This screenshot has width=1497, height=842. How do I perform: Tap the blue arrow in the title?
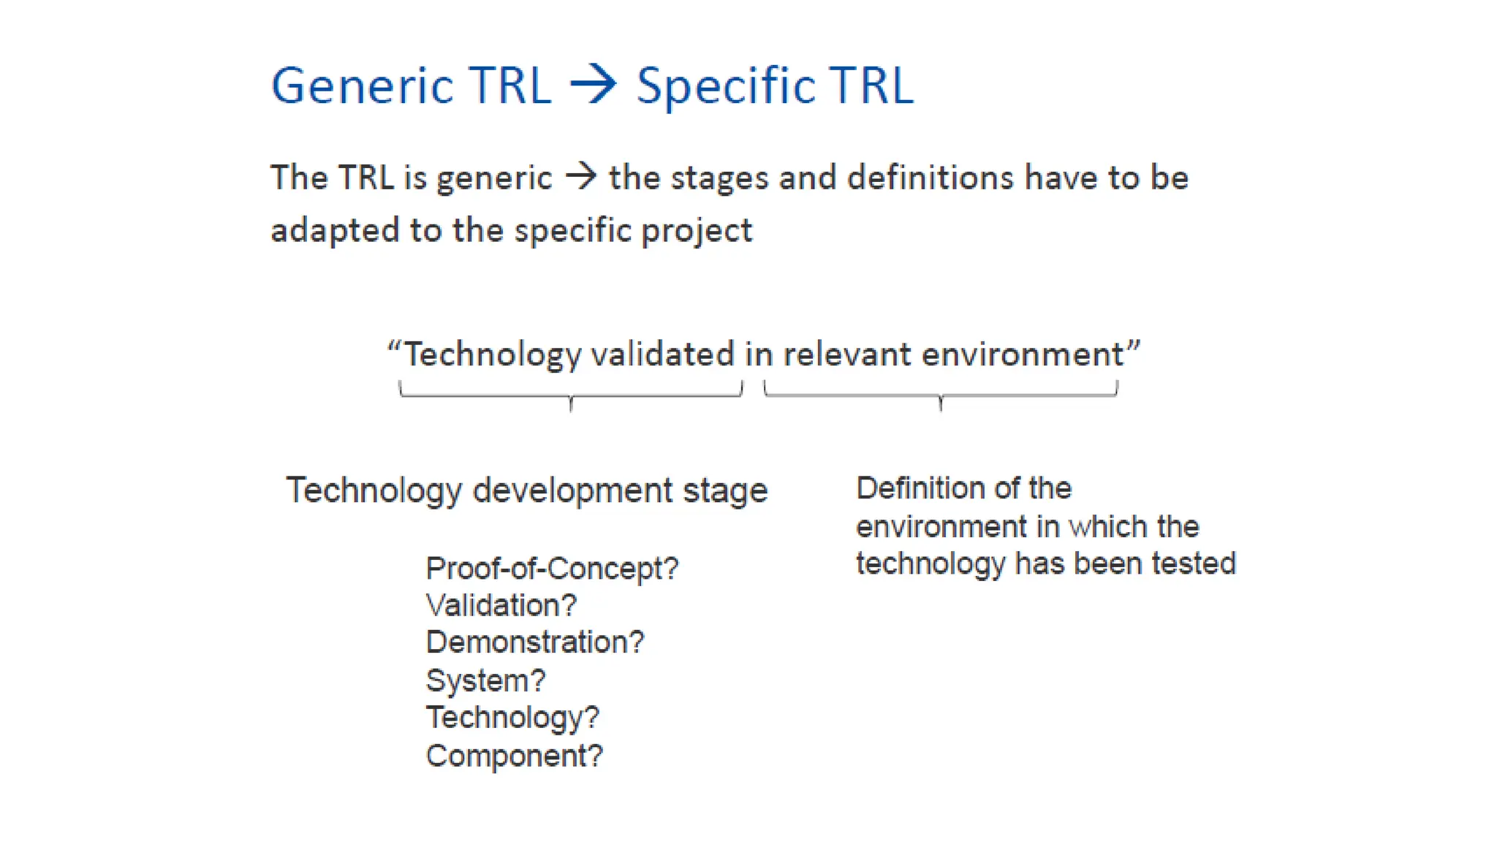pos(594,85)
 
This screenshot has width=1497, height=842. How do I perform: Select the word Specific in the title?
pos(725,86)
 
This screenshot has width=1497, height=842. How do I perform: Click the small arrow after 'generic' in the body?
pos(581,176)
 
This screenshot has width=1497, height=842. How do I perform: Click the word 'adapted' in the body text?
pos(333,230)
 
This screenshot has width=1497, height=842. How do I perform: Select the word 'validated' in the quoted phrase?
pos(662,354)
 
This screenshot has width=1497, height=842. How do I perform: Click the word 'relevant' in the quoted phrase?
pos(846,354)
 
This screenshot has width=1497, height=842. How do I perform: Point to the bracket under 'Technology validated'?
pos(571,395)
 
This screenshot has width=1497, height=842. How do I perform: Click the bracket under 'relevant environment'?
pos(941,395)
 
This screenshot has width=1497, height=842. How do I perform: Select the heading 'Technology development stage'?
pos(526,490)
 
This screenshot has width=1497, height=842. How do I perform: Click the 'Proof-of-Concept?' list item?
pos(552,569)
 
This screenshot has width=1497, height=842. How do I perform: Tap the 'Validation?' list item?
pos(501,606)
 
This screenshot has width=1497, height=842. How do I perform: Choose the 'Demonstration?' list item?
pos(534,642)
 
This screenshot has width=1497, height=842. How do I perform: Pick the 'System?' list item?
pos(485,680)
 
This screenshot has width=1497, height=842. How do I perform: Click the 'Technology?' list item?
pos(512,718)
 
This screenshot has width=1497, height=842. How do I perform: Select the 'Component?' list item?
pos(514,756)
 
